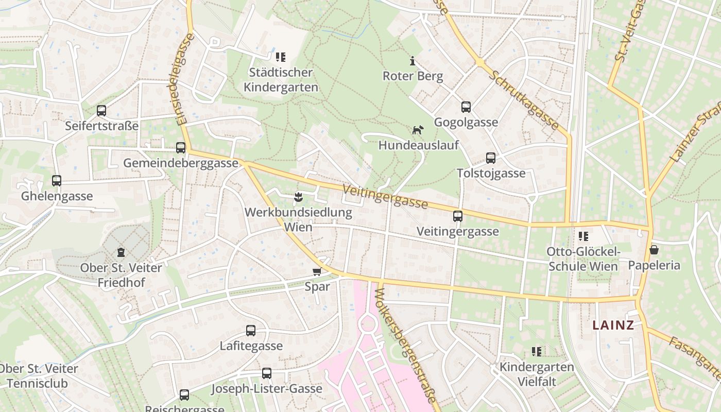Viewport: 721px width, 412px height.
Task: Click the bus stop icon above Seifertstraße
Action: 101,110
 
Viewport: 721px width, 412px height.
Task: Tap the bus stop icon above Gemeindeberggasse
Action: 181,148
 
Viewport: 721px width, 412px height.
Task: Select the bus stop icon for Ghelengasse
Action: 57,181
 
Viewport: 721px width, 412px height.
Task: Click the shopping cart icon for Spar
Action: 317,271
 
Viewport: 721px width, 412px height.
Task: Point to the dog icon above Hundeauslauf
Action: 418,130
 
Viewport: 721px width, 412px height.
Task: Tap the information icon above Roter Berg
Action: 412,61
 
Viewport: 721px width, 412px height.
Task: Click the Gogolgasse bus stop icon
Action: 466,107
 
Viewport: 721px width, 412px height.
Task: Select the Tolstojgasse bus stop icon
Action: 491,158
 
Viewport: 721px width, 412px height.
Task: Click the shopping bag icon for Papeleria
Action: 654,250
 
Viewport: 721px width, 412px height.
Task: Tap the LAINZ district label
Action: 613,325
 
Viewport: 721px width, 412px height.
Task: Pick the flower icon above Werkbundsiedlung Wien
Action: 298,196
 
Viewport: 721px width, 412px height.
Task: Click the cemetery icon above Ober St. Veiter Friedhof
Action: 121,252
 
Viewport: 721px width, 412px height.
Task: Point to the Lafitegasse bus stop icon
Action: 251,331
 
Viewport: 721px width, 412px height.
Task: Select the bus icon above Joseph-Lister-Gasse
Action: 267,373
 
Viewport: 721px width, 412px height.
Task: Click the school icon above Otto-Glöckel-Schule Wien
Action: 583,236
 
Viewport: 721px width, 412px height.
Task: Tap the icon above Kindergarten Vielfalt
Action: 537,352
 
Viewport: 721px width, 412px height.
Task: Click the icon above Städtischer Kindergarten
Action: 281,57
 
